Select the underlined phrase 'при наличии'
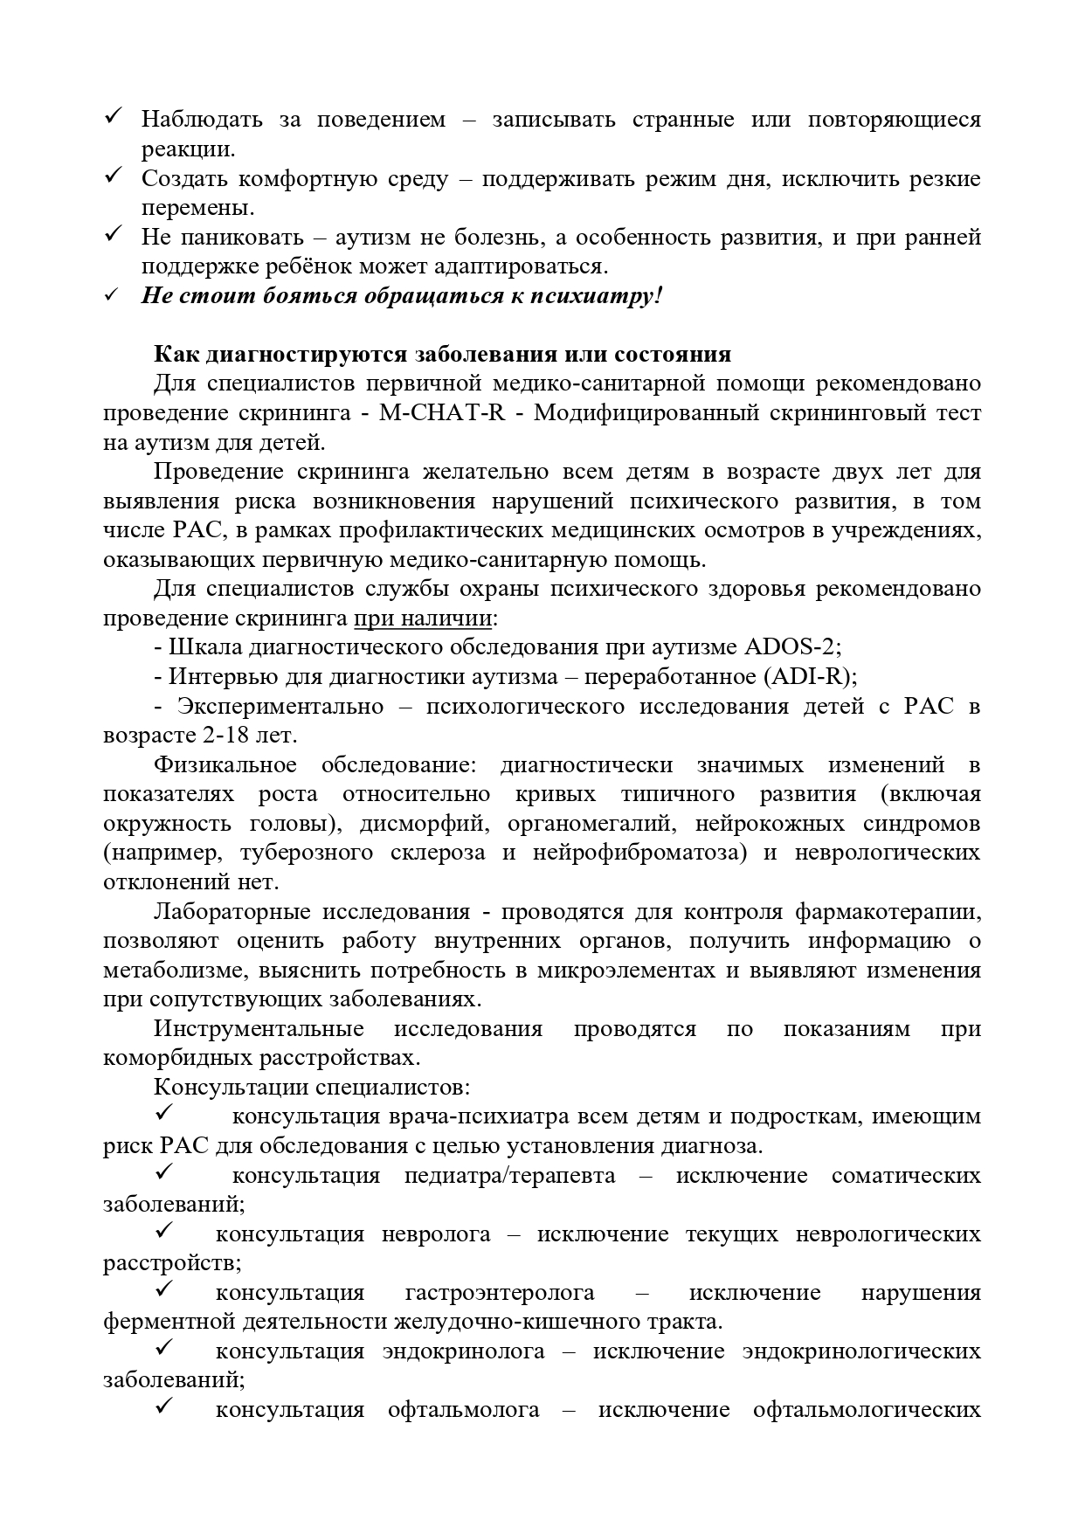423,618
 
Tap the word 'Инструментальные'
259,1029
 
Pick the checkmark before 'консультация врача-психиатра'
163,1114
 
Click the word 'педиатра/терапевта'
509,1176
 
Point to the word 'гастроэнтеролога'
500,1293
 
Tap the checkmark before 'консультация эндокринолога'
163,1348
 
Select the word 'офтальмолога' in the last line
463,1410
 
